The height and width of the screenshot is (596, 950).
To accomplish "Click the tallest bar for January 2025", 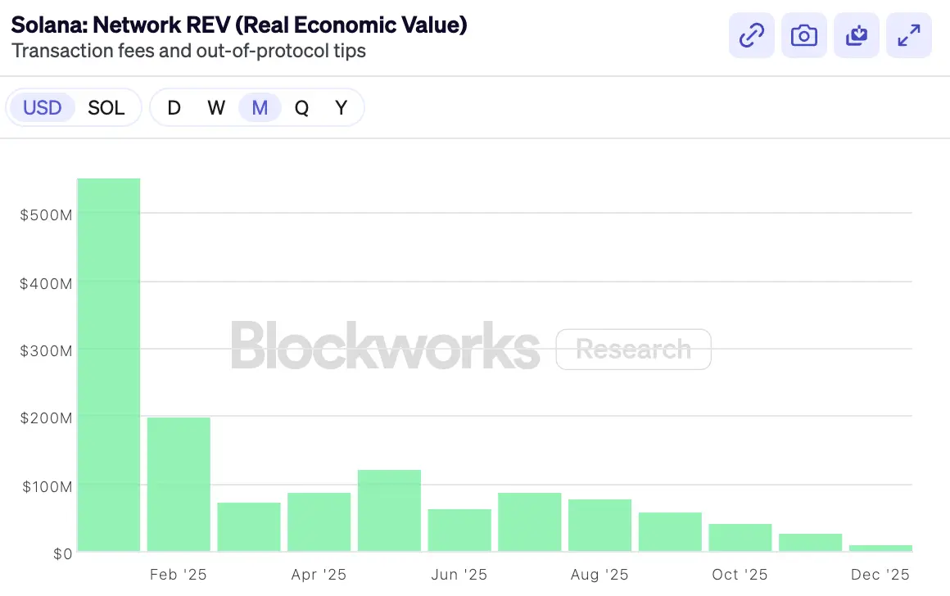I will click(x=109, y=364).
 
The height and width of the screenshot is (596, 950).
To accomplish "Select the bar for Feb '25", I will click(x=179, y=484).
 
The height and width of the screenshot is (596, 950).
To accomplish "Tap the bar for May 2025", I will click(x=389, y=510).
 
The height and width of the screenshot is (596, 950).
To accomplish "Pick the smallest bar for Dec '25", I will click(x=880, y=548).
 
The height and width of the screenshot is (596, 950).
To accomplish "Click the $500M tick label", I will click(x=46, y=214).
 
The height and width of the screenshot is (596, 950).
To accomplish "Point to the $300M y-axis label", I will click(x=46, y=350).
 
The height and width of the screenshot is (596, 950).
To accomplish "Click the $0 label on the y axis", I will click(x=62, y=554).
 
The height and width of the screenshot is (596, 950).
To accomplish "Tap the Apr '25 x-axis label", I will click(x=319, y=575).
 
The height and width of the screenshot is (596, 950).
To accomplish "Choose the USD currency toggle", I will click(x=42, y=107).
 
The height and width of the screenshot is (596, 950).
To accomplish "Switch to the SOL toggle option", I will click(x=106, y=107).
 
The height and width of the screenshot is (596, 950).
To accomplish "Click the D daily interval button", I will click(x=174, y=107).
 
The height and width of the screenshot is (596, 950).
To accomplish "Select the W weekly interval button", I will click(x=216, y=107).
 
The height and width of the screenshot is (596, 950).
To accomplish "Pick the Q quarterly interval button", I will click(x=302, y=107).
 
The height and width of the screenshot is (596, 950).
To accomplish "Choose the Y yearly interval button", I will click(x=342, y=107).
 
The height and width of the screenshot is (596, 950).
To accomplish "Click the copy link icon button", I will click(x=752, y=35).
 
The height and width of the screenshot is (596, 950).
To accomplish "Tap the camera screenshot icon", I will click(x=804, y=35).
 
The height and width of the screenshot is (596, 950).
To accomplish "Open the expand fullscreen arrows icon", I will click(x=909, y=35).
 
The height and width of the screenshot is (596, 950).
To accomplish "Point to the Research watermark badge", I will click(x=633, y=350).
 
